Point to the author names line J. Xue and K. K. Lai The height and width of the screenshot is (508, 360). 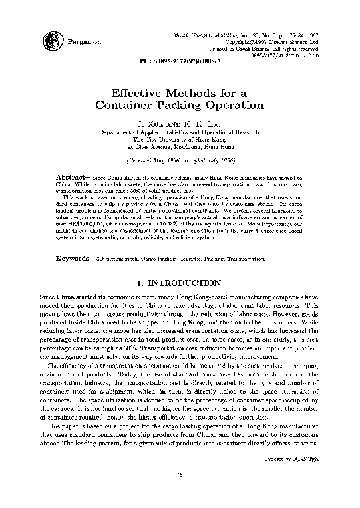click(x=180, y=124)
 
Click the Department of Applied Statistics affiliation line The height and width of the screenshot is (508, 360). click(x=180, y=132)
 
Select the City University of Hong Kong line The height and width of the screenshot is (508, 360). click(x=180, y=140)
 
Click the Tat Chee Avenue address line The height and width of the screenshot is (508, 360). click(x=180, y=147)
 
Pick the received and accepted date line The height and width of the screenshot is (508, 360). click(x=180, y=161)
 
